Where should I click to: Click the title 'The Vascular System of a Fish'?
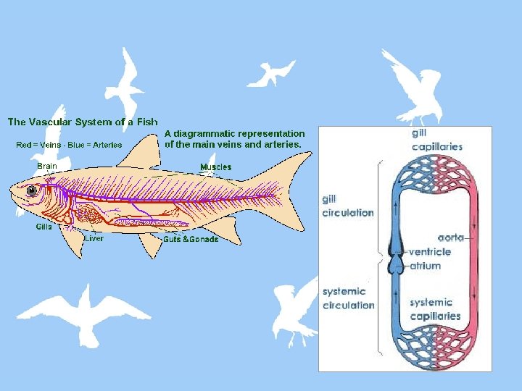(83, 122)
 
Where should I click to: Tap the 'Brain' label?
(47, 166)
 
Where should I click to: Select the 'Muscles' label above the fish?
(216, 167)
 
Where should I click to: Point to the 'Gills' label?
(45, 227)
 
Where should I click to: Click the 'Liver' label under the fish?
(94, 238)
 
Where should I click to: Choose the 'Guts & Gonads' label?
(190, 239)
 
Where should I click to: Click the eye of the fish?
(32, 190)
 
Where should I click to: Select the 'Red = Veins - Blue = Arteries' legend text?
(69, 145)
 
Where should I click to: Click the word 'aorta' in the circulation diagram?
(451, 237)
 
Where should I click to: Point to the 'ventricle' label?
(430, 252)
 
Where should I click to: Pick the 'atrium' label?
(426, 266)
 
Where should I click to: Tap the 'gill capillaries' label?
(436, 140)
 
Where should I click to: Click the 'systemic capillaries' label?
(435, 309)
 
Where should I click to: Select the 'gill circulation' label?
(348, 206)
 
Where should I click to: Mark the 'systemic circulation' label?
(348, 298)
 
